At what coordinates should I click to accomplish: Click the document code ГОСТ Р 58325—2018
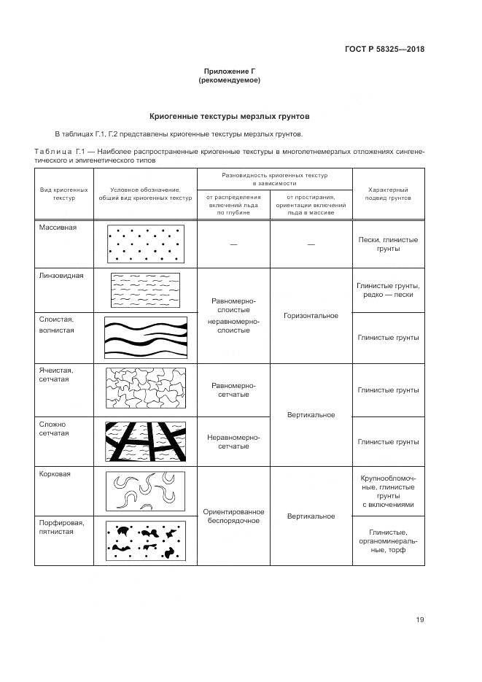click(384, 50)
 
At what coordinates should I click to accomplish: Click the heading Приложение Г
click(230, 71)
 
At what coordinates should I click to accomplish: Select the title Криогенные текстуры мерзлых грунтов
click(230, 116)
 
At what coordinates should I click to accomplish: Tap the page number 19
click(420, 620)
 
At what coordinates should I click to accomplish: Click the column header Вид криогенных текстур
click(64, 193)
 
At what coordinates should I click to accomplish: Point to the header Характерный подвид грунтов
click(387, 193)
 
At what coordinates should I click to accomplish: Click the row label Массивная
click(58, 227)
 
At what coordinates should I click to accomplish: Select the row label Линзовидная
click(61, 276)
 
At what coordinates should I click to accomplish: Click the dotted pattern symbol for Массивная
click(144, 244)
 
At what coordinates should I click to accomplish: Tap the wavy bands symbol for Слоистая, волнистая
click(145, 337)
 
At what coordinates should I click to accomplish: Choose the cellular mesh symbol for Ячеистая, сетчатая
click(145, 390)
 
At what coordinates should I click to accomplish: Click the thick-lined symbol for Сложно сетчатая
click(145, 442)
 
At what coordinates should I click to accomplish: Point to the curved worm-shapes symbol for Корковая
click(145, 492)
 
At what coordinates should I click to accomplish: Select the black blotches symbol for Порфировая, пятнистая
click(145, 540)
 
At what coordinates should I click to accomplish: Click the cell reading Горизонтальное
click(311, 316)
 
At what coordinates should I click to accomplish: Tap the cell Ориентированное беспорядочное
click(233, 516)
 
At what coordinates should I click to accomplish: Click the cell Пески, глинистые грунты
click(388, 244)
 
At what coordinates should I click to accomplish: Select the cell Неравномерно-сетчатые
click(233, 441)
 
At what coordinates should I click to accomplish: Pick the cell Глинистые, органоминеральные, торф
click(388, 540)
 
